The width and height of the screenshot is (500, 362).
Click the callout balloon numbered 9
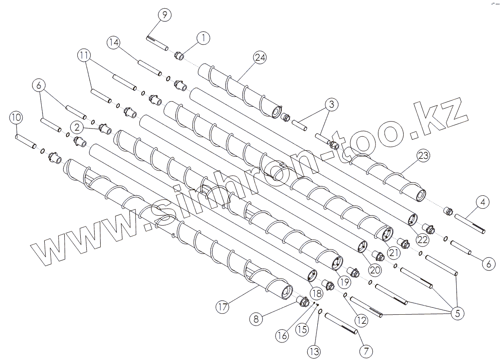pos(164,15)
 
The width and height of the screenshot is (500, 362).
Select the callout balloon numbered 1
pos(203,38)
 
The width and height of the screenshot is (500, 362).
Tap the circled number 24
pos(261,57)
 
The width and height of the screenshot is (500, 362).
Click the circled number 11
pos(84,55)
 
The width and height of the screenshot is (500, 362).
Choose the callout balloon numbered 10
pos(16,118)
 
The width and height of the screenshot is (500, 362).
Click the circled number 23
pos(424,155)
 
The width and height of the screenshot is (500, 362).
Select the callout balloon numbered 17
pos(222,307)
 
